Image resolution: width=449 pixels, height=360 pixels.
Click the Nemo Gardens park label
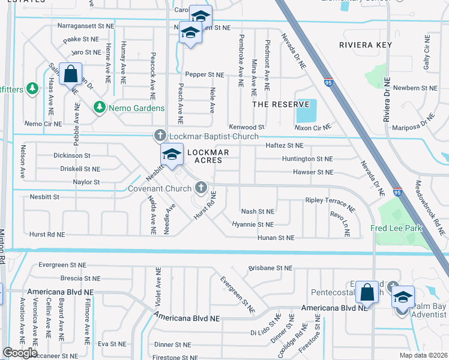(136, 108)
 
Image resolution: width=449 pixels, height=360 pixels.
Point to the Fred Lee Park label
(396, 228)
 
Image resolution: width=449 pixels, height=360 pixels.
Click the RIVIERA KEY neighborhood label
(366, 45)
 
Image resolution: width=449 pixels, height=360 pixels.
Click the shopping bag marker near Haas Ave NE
(71, 74)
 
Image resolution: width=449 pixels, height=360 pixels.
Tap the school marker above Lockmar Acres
(172, 154)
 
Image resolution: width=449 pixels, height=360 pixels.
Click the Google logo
(20, 353)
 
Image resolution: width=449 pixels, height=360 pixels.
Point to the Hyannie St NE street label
(253, 224)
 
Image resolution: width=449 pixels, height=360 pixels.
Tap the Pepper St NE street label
(204, 75)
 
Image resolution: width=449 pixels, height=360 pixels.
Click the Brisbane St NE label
(270, 268)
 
